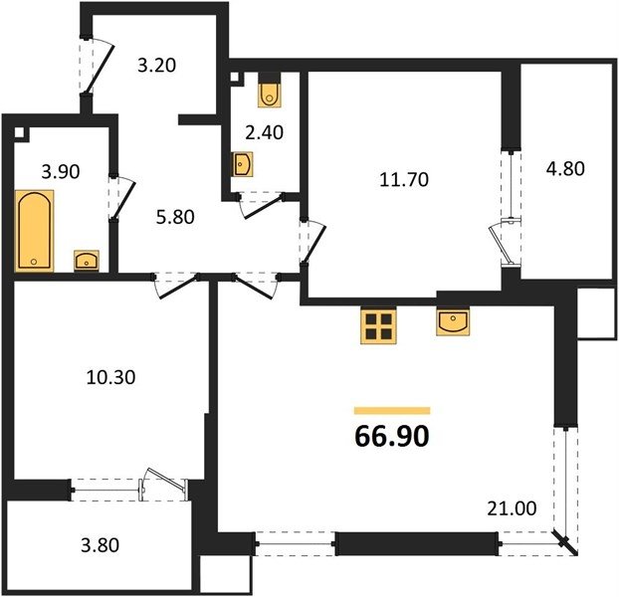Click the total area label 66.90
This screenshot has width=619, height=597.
click(x=392, y=437)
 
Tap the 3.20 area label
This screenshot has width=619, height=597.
click(x=156, y=65)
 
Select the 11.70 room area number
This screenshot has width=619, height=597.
click(x=404, y=179)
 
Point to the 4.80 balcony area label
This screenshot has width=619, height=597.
click(x=565, y=169)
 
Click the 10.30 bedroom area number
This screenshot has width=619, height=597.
click(x=110, y=377)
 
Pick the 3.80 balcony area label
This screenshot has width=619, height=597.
click(x=100, y=545)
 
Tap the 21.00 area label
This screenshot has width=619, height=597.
click(x=512, y=508)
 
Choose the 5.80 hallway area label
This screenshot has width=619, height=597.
click(x=175, y=218)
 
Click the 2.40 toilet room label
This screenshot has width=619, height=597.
click(x=264, y=132)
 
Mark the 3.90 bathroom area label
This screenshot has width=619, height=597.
click(x=61, y=172)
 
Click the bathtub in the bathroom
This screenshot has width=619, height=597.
click(x=35, y=231)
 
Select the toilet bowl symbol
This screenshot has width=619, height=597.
click(x=270, y=91)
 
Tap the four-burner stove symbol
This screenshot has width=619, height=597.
click(x=378, y=326)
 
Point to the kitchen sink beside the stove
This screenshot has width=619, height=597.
click(x=453, y=321)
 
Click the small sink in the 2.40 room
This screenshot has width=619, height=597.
click(x=242, y=164)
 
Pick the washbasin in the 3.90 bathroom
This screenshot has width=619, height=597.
click(x=87, y=261)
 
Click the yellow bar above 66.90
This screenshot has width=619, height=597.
click(x=392, y=411)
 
